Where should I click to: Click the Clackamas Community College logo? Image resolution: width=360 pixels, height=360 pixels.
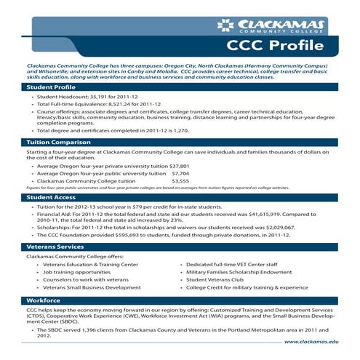tap(272, 26)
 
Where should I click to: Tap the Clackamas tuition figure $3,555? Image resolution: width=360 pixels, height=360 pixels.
tap(180, 182)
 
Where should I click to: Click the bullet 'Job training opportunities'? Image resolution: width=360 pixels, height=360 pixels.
tap(73, 272)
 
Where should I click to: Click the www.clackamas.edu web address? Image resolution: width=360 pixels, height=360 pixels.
tap(311, 340)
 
